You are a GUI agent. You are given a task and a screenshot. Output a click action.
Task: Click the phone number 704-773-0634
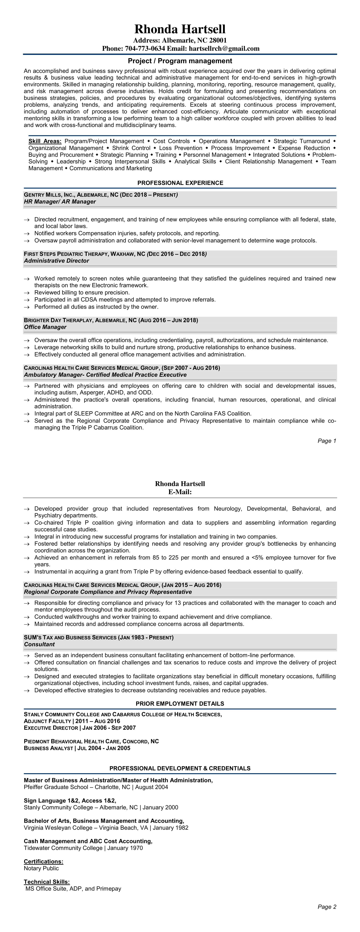pyautogui.click(x=145, y=49)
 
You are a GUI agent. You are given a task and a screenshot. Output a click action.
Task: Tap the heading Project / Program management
pyautogui.click(x=180, y=61)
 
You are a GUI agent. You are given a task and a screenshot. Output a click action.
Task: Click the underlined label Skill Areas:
pyautogui.click(x=45, y=141)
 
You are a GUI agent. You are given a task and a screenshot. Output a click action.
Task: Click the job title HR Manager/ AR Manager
pyautogui.click(x=60, y=201)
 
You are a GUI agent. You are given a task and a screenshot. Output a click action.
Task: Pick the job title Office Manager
pyautogui.click(x=45, y=327)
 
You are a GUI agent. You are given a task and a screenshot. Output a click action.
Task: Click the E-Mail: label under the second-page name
pyautogui.click(x=180, y=492)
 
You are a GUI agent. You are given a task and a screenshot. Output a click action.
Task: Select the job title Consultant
pyautogui.click(x=39, y=644)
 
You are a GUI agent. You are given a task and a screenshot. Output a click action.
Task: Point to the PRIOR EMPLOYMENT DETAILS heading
pyautogui.click(x=180, y=704)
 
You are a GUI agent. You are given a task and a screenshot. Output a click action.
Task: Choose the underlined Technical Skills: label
pyautogui.click(x=47, y=882)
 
